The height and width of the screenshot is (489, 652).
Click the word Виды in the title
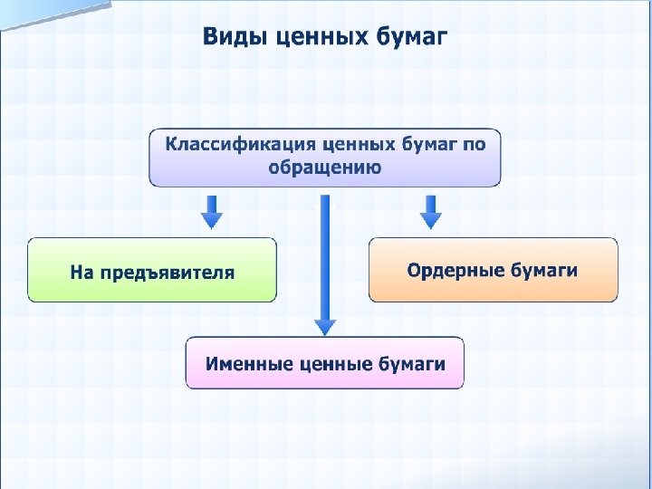tap(229, 37)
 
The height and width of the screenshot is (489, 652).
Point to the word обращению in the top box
tap(325, 168)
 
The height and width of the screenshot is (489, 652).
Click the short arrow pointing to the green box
tap(211, 211)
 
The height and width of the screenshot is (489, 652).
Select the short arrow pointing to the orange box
tap(432, 211)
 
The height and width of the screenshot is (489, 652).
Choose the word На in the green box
tap(82, 272)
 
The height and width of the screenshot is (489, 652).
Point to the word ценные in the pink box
tap(329, 364)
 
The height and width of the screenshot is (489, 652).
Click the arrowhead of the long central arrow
tap(325, 326)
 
